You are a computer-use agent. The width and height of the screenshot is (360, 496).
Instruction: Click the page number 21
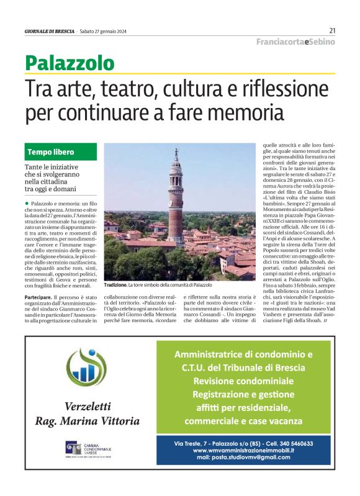(x=332, y=30)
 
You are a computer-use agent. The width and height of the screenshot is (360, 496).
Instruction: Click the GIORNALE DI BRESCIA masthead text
(x=50, y=31)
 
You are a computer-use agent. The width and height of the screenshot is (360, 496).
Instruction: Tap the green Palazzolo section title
(x=70, y=63)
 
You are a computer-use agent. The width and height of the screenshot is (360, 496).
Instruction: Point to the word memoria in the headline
(x=232, y=114)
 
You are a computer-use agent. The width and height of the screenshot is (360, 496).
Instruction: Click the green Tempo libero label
(x=51, y=152)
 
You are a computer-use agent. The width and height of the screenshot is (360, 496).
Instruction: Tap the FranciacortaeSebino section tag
(x=295, y=42)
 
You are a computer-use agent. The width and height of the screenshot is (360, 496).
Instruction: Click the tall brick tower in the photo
(x=176, y=199)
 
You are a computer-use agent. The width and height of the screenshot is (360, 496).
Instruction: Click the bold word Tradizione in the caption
(x=115, y=285)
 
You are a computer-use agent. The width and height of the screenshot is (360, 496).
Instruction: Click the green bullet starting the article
(x=27, y=204)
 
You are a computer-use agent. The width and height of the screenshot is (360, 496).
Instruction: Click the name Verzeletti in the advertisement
(x=88, y=407)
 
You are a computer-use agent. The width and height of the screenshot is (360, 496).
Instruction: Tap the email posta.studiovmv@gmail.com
(x=252, y=458)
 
